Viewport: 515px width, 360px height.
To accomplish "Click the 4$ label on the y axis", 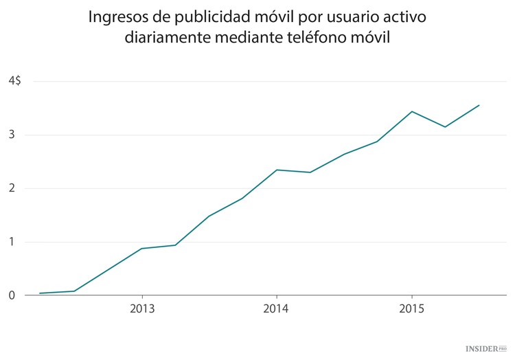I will coord(14,81).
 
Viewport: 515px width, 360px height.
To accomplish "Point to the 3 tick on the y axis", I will coord(12,135).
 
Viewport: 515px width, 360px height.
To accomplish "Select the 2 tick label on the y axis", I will coord(12,188).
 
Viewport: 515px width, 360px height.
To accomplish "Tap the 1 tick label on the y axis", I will coord(12,242).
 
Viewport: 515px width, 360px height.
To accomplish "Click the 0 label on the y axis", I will coord(12,295).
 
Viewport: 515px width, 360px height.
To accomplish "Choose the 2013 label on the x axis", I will coord(141,309).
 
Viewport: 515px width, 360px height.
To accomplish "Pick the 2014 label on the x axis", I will coord(276,309).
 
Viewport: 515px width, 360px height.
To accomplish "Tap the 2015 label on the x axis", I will coord(411,309).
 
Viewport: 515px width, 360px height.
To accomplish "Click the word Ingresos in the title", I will coord(117,16).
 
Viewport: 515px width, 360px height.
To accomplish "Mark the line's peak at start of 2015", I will coord(411,111).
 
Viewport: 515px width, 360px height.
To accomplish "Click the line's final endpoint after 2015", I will coord(479,105).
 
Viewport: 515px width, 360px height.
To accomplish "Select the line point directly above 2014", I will coord(276,170).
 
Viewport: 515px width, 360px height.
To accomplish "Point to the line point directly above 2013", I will coord(141,248).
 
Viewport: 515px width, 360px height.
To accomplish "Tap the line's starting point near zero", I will coord(40,293).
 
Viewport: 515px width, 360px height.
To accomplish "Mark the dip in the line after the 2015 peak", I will coord(445,127).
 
